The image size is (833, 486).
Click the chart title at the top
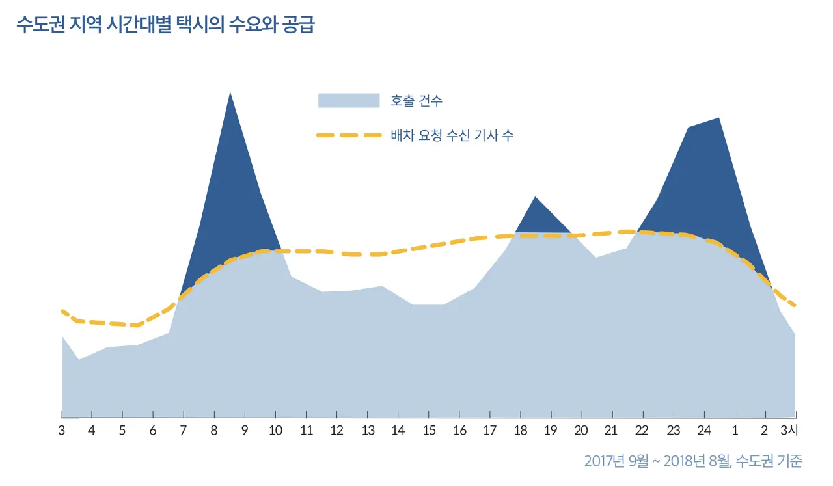click(x=165, y=26)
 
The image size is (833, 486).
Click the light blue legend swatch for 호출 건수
click(x=348, y=101)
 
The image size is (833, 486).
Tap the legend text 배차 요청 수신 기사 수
click(x=452, y=135)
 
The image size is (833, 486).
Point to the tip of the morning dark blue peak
click(x=230, y=94)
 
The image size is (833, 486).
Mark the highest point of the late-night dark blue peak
click(x=718, y=120)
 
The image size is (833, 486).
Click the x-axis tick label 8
click(x=213, y=431)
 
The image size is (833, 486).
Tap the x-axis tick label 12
click(x=336, y=431)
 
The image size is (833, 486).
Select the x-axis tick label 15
click(x=429, y=431)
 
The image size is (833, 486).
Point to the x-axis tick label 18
click(x=520, y=431)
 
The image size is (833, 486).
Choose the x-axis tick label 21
click(x=611, y=431)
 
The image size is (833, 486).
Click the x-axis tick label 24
click(x=703, y=431)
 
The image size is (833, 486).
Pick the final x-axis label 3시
click(x=789, y=431)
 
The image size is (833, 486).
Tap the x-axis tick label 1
click(x=735, y=431)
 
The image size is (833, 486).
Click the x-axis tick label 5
click(x=122, y=431)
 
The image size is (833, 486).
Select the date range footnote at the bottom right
click(x=693, y=461)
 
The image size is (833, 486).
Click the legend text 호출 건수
click(x=416, y=101)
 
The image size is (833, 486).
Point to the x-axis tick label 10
click(x=275, y=431)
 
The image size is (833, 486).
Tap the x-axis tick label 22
click(x=642, y=431)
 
